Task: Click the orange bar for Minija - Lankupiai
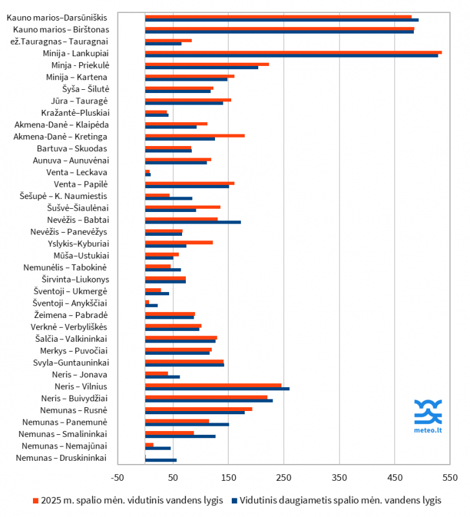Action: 294,52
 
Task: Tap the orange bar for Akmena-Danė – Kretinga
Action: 195,135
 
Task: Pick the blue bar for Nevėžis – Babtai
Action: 193,222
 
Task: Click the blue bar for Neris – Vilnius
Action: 218,389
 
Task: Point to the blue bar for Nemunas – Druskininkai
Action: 161,460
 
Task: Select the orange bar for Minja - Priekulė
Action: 207,64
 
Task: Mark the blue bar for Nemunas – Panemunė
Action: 187,425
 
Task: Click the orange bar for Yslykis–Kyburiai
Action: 179,242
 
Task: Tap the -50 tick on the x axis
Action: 117,478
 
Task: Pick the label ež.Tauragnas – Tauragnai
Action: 59,41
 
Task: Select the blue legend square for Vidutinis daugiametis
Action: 234,500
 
